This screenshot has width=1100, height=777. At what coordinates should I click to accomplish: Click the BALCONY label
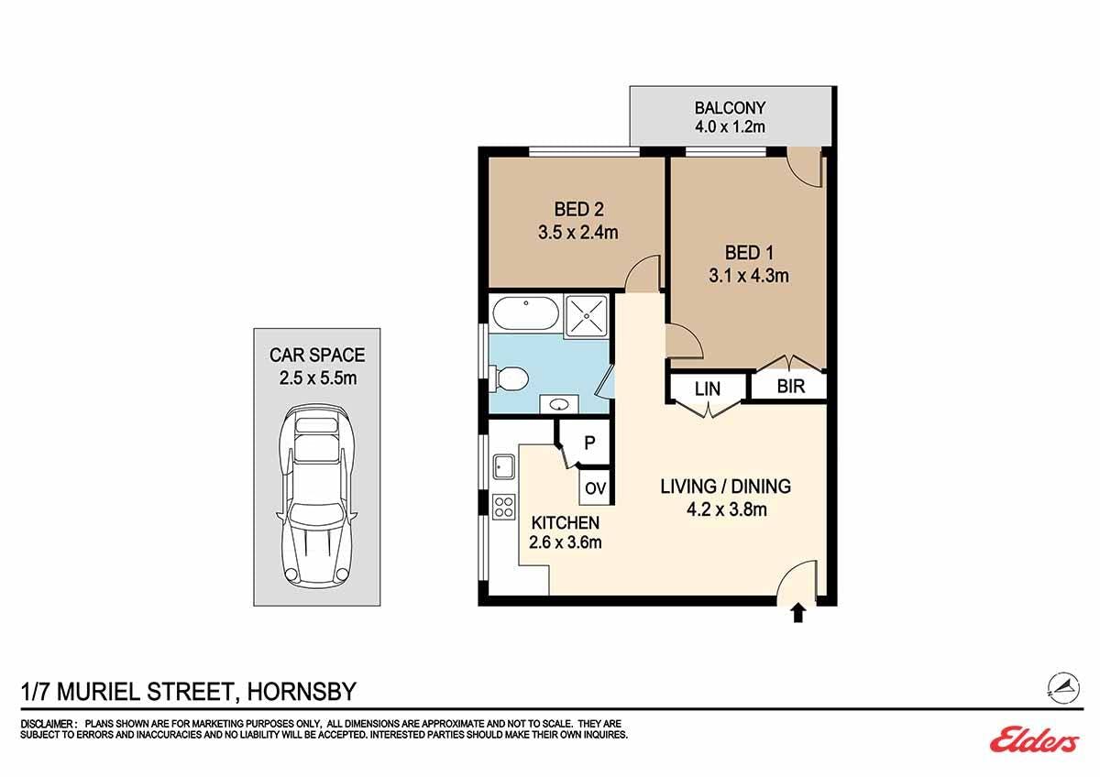pos(730,108)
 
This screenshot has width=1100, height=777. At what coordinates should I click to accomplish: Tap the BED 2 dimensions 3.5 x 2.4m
pos(578,232)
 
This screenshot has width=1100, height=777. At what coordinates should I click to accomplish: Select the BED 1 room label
pos(749,253)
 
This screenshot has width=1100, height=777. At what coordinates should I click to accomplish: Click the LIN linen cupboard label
pos(708,388)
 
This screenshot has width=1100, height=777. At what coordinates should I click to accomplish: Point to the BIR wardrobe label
pos(791,387)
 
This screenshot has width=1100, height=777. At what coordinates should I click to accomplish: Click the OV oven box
pos(596,487)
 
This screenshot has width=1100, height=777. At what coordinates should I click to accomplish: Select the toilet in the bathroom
pos(509,379)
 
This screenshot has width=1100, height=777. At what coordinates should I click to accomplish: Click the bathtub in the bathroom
pos(525,313)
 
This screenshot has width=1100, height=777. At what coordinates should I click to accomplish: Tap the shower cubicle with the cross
pos(587,316)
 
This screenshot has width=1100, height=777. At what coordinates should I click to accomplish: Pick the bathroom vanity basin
pos(559,404)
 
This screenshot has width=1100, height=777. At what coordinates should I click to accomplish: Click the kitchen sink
pos(504,466)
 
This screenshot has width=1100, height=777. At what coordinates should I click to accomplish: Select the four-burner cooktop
pos(504,507)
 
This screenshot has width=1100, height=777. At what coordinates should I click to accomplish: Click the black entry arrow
pos(798,613)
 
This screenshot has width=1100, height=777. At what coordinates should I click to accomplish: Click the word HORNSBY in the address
pos(302,692)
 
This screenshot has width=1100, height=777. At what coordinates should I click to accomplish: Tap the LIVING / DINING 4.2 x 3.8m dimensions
pos(726,509)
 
